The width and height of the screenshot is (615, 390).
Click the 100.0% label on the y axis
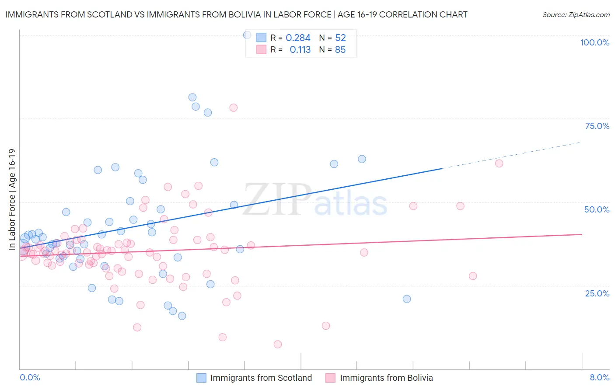(x=594, y=42)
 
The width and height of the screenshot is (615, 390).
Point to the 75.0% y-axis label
(x=597, y=126)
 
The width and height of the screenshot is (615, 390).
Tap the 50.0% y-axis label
(x=597, y=209)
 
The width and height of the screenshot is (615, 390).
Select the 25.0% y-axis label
(x=597, y=293)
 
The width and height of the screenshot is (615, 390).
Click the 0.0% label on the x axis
(x=30, y=377)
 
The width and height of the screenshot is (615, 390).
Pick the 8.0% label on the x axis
(x=599, y=377)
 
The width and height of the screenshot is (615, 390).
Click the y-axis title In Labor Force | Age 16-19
(x=12, y=199)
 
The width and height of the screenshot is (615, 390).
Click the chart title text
(x=236, y=14)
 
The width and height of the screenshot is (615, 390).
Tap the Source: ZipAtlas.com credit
(x=576, y=14)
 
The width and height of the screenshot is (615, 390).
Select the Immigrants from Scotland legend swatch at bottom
(x=201, y=378)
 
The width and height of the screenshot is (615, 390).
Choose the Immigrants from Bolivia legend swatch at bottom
(x=331, y=378)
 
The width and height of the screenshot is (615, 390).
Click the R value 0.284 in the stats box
(x=298, y=38)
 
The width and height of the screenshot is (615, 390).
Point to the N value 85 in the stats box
(x=340, y=50)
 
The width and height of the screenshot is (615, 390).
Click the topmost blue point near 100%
(x=247, y=35)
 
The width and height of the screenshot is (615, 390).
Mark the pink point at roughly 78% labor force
(x=233, y=108)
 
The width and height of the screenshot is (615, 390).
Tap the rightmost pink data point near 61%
(x=499, y=164)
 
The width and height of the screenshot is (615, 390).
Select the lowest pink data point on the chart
(x=277, y=345)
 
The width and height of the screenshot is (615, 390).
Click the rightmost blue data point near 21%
(x=407, y=299)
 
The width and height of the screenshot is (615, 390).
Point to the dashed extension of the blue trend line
(x=512, y=155)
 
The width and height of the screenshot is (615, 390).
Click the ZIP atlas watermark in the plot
(x=315, y=200)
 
